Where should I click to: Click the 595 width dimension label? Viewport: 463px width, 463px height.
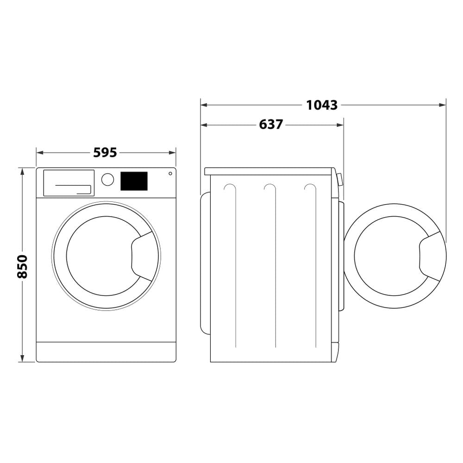click(x=105, y=152)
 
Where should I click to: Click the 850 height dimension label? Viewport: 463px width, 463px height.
click(x=22, y=266)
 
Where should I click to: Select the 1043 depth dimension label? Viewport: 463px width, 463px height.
click(x=322, y=105)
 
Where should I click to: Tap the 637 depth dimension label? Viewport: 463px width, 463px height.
click(x=271, y=125)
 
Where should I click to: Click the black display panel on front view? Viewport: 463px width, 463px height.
click(x=134, y=181)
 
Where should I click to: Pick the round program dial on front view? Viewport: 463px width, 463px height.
click(x=107, y=180)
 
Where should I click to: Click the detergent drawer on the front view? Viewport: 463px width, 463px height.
click(x=69, y=183)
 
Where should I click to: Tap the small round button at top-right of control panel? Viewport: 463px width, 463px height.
click(x=170, y=174)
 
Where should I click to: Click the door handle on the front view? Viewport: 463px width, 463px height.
click(x=143, y=256)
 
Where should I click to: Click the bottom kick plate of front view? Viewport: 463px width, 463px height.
click(x=106, y=352)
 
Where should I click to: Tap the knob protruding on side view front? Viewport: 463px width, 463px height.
click(x=340, y=180)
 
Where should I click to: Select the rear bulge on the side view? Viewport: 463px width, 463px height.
click(x=204, y=263)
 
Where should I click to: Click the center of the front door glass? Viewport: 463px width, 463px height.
click(x=104, y=256)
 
